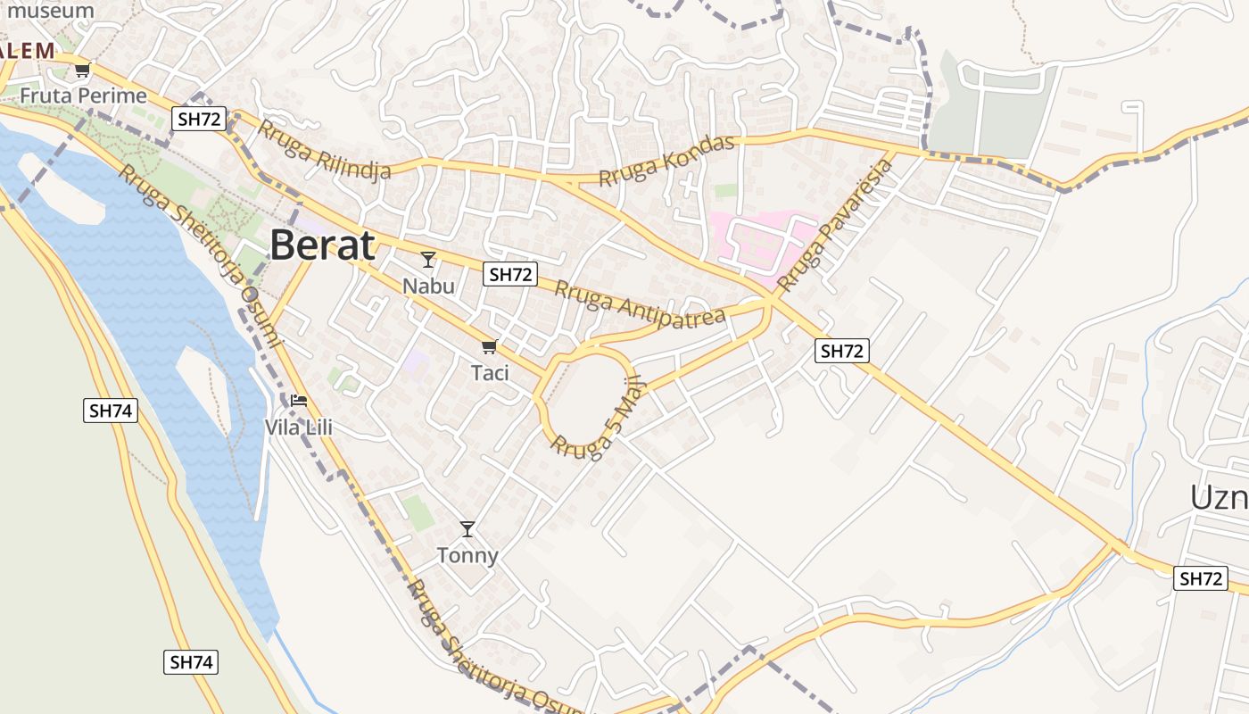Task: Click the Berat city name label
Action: coord(322,245)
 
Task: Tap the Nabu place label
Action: coord(428,286)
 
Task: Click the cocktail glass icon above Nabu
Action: coord(428,260)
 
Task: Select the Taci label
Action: coord(490,372)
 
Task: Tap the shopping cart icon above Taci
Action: coord(488,346)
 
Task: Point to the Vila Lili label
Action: coord(298,428)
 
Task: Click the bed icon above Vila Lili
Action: coord(298,401)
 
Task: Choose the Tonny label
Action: coord(467,555)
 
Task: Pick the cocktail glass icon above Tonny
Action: coord(467,529)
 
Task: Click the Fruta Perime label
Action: coord(83,95)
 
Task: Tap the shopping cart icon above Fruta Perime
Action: coord(82,70)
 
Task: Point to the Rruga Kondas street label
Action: coord(666,161)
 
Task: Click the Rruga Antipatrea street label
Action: coord(640,304)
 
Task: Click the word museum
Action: coord(51,12)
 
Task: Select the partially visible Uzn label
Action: coord(1219,497)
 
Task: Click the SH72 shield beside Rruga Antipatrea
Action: coord(510,275)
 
